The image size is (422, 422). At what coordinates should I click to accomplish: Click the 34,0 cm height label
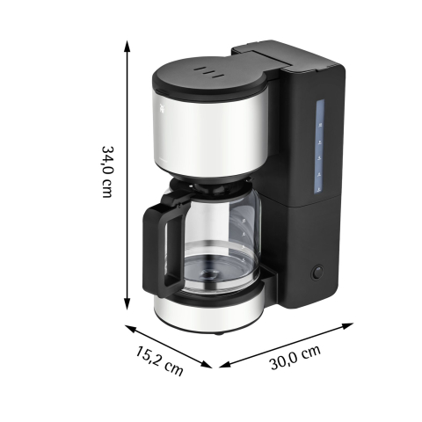tap(106, 171)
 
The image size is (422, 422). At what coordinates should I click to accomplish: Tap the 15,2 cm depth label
tap(159, 360)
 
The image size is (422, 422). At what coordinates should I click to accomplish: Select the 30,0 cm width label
tap(295, 357)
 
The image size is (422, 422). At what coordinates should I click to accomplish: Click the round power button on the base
tap(317, 272)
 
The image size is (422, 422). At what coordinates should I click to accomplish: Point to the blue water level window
tap(320, 147)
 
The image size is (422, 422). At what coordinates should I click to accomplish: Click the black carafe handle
tap(162, 244)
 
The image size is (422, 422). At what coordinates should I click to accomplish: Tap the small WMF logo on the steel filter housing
tap(162, 109)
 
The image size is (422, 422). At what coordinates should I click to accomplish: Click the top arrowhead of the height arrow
tap(127, 46)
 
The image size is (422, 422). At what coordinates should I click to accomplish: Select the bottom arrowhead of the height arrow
tap(127, 303)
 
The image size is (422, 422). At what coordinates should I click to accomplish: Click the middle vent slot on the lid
tap(209, 73)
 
